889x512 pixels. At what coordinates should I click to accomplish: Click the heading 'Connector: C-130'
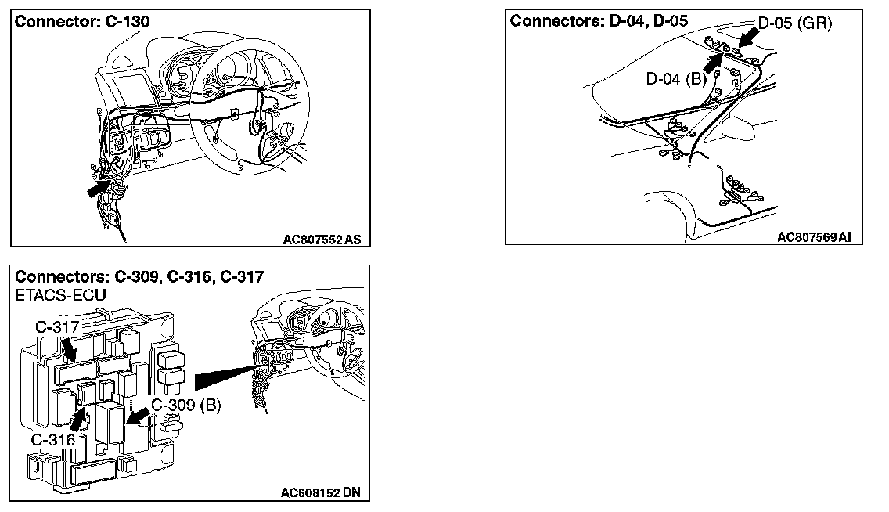[x=82, y=22]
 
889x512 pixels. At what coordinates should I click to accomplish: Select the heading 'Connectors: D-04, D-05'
[x=599, y=21]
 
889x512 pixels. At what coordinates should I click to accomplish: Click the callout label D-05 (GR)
[x=794, y=23]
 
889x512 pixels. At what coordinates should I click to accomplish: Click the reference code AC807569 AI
[x=814, y=236]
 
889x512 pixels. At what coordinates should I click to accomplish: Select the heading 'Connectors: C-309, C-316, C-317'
[x=139, y=276]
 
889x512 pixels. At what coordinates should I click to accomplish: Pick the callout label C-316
[x=52, y=439]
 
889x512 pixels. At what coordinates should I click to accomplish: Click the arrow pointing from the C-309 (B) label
[x=139, y=416]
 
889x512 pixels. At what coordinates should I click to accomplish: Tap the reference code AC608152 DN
[x=323, y=493]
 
